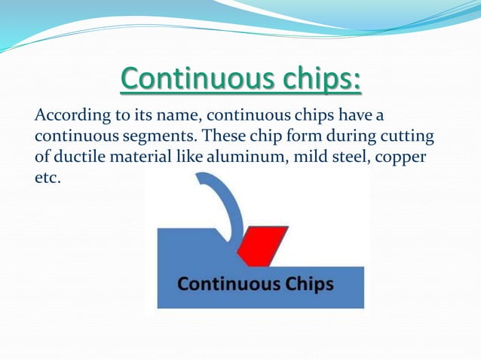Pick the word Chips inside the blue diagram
(308, 286)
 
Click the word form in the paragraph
(309, 137)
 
